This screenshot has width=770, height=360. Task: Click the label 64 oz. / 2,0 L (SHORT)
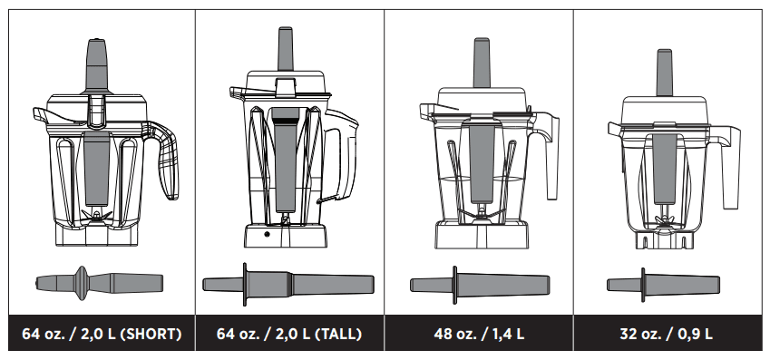[102, 334]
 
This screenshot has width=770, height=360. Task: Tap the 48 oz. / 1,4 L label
[479, 334]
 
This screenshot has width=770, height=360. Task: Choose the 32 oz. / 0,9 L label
[667, 334]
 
